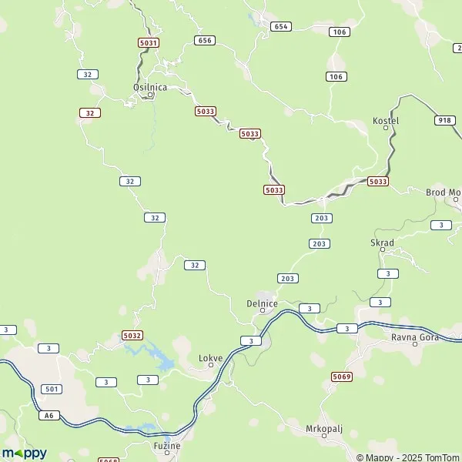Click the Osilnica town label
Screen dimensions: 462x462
tap(150, 87)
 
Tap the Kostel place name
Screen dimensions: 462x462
tap(386, 122)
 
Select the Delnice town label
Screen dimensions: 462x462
tap(262, 303)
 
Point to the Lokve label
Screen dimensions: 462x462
tap(210, 358)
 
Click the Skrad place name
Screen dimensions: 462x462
tap(383, 243)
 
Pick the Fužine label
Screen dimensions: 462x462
tap(166, 446)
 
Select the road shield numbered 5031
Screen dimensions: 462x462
tap(149, 43)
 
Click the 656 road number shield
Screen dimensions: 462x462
tap(204, 40)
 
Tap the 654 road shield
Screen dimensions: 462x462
tap(281, 26)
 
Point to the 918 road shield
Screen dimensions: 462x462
tap(445, 120)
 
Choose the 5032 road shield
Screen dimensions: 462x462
tap(132, 336)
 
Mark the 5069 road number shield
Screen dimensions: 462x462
tap(342, 376)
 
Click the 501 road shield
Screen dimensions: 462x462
tap(52, 389)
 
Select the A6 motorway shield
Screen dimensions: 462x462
tap(49, 415)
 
